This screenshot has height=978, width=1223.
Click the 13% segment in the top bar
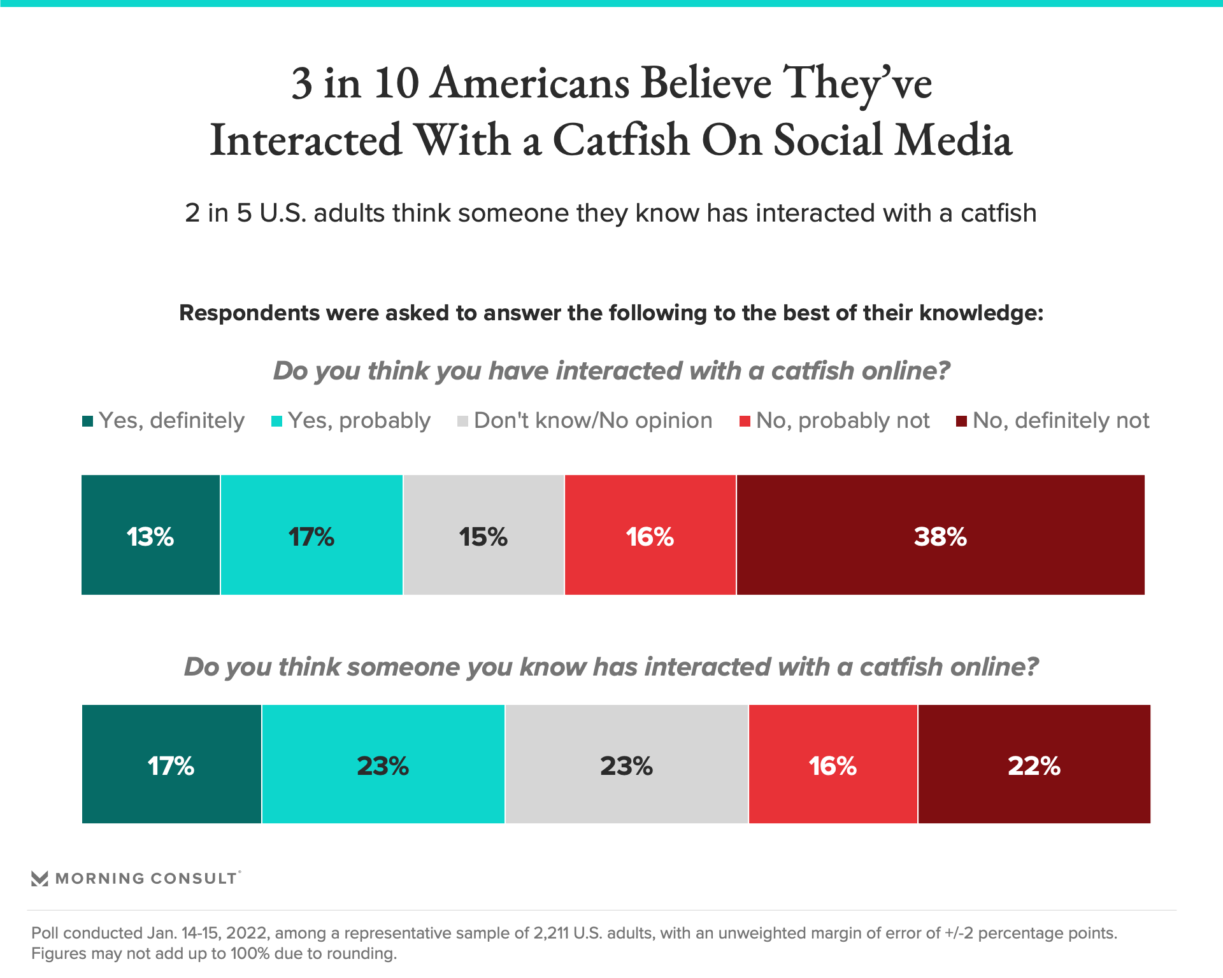coord(150,535)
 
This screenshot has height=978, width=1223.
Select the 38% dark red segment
coord(940,535)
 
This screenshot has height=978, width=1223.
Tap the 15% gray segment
coord(483,535)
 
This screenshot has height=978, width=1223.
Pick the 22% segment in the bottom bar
coord(1034,764)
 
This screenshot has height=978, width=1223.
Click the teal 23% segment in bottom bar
coord(383,764)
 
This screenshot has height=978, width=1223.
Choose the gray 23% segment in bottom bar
coord(626,764)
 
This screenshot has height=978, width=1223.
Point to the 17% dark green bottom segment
coord(171,764)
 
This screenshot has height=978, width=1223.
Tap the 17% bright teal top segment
coord(311,535)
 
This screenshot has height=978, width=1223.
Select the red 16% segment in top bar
coord(650,535)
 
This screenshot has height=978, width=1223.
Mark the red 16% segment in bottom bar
coord(833,764)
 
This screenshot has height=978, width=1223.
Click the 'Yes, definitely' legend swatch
coord(88,422)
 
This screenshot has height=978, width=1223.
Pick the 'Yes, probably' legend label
coord(359,421)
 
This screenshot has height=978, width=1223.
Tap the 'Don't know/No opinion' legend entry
coord(592,421)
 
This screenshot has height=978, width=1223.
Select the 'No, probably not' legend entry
coord(842,421)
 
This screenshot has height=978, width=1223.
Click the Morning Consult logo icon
coord(39,879)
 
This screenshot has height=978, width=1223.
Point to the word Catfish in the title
coord(621,140)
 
